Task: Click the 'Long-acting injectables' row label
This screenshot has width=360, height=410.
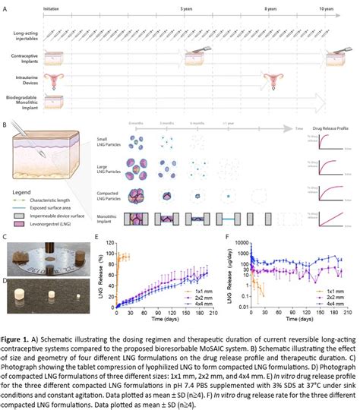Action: pyautogui.click(x=27, y=36)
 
